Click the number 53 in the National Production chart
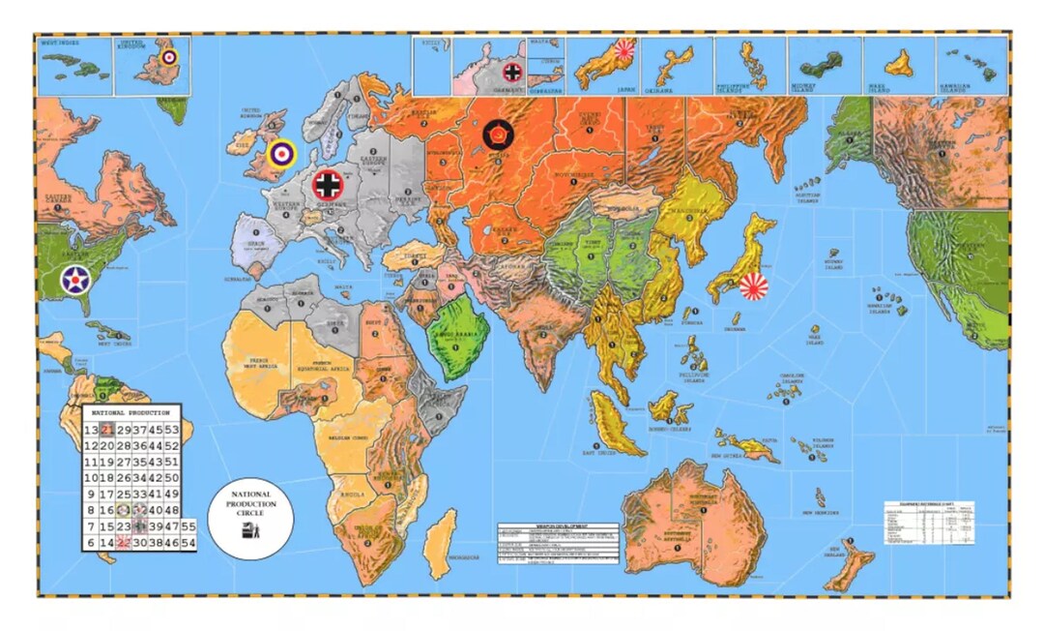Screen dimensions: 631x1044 pos(172,430)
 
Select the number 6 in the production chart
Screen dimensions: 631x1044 pos(90,544)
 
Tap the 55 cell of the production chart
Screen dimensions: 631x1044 pos(188,526)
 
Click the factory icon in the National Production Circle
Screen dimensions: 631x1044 pos(248,529)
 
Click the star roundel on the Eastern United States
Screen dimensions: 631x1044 pos(75,280)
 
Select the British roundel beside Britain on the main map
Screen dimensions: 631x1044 pos(281,153)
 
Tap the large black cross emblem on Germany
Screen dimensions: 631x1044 pos(329,185)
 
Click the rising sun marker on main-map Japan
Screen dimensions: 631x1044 pos(753,285)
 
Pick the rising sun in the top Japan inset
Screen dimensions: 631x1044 pos(624,51)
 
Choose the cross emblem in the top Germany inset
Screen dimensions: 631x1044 pos(513,71)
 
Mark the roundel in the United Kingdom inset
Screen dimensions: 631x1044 pos(169,57)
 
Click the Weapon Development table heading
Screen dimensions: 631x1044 pos(558,526)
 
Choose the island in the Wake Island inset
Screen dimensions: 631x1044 pos(901,64)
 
